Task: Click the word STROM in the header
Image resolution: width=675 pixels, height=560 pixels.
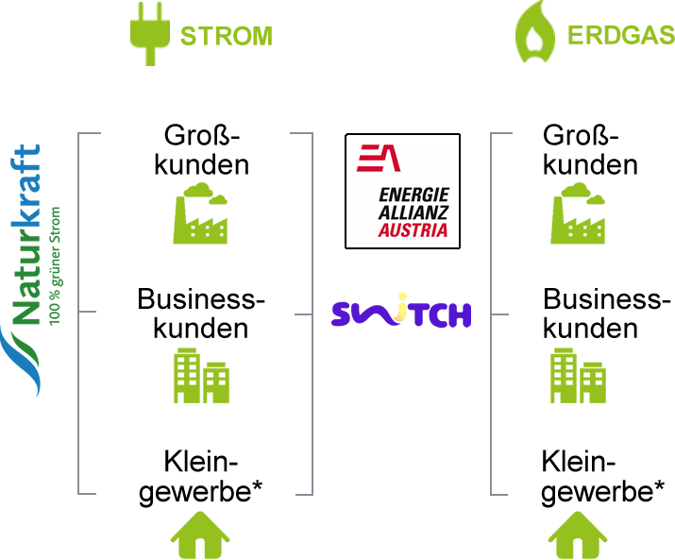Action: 226,37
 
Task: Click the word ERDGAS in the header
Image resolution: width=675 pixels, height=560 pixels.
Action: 620,37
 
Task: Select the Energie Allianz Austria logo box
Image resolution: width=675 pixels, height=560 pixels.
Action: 402,191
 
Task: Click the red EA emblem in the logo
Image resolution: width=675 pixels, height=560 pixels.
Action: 378,157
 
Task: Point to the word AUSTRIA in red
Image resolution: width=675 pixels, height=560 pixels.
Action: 413,230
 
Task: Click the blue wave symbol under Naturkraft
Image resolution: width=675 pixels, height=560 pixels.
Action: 21,359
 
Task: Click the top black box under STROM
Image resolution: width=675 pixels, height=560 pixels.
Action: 202,149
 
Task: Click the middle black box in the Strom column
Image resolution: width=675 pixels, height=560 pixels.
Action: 200,314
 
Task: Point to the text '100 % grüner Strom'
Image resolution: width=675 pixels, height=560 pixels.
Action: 56,264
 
